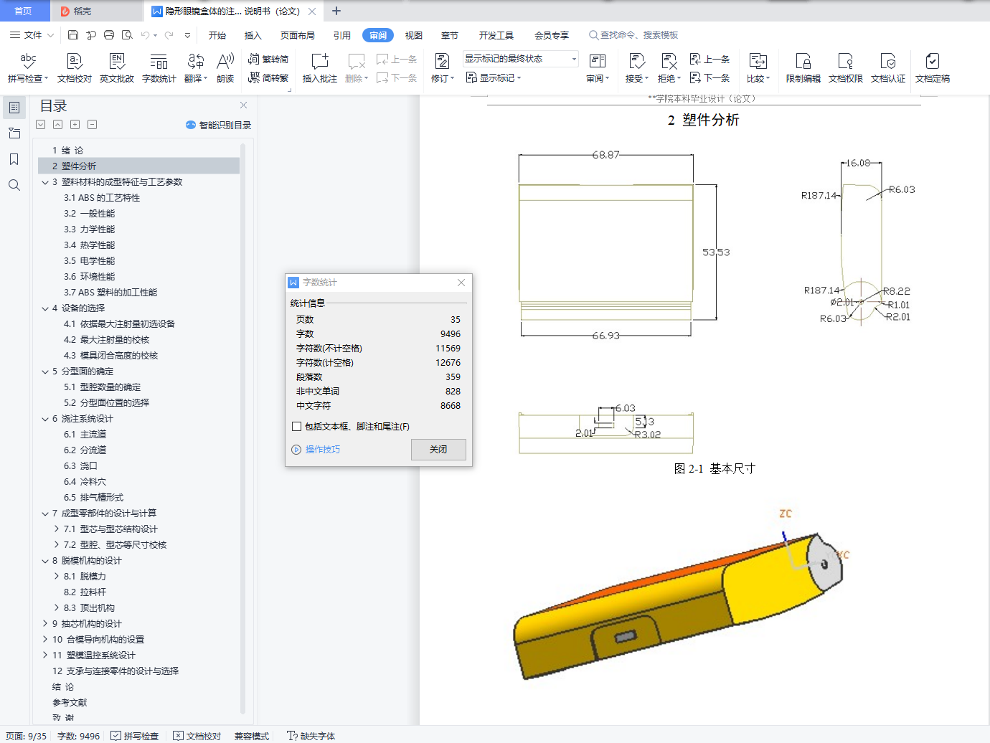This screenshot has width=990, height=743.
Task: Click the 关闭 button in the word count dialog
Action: (438, 450)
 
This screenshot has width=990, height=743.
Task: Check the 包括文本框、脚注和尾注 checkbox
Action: (296, 427)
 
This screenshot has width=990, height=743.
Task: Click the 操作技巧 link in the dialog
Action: (322, 450)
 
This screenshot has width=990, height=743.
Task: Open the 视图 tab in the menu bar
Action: (413, 35)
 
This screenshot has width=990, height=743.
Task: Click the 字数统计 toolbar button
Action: (159, 68)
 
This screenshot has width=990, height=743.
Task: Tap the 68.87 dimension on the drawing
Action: (605, 155)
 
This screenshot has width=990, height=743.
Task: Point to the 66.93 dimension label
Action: (605, 336)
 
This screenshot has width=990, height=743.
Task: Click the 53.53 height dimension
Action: (716, 252)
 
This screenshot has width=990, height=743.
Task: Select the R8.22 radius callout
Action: (896, 291)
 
